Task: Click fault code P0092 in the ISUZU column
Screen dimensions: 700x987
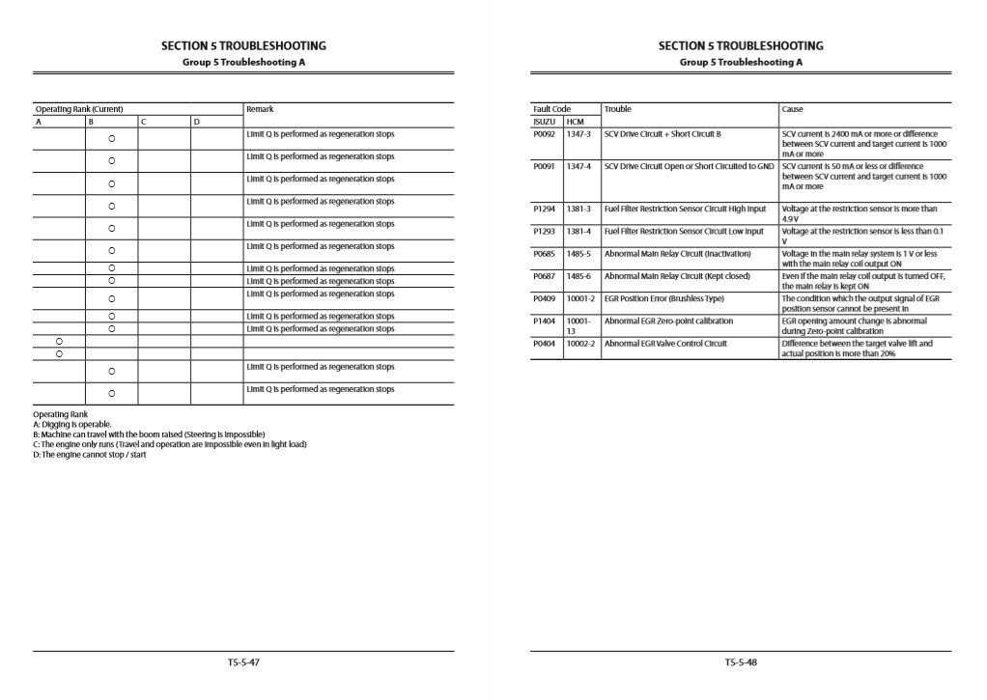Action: click(544, 133)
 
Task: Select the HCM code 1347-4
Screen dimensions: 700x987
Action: click(578, 166)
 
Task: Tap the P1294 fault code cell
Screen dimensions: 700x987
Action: click(544, 209)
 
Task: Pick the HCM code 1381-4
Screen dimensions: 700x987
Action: click(578, 232)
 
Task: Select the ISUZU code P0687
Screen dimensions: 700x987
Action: click(544, 276)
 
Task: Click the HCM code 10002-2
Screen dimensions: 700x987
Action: click(580, 344)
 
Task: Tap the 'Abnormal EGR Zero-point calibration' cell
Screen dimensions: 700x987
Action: click(668, 322)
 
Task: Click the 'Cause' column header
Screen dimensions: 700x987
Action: click(792, 109)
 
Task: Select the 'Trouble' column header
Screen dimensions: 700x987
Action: click(618, 109)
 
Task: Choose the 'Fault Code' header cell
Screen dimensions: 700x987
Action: click(551, 109)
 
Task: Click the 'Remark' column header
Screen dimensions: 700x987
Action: click(260, 109)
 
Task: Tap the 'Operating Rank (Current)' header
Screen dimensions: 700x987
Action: click(78, 109)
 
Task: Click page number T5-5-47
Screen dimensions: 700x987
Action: click(243, 662)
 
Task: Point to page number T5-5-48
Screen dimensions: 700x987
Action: click(741, 662)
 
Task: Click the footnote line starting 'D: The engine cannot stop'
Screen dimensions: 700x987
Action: click(90, 455)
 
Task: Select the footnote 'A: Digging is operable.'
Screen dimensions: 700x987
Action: click(72, 424)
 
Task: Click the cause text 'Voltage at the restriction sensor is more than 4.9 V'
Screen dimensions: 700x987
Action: click(860, 213)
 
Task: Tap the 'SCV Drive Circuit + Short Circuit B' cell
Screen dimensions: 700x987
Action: click(663, 133)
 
